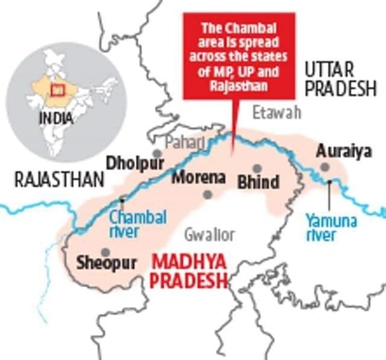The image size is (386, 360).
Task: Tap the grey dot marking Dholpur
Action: coord(157,154)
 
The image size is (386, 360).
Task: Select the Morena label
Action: coord(199,178)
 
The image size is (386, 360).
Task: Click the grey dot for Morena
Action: coord(208,194)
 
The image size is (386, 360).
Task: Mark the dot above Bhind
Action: coord(256,168)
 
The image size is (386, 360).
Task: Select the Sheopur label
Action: coord(106,263)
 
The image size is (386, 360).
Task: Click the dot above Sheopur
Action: coord(105,252)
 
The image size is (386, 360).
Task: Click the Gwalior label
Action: coord(210,234)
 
